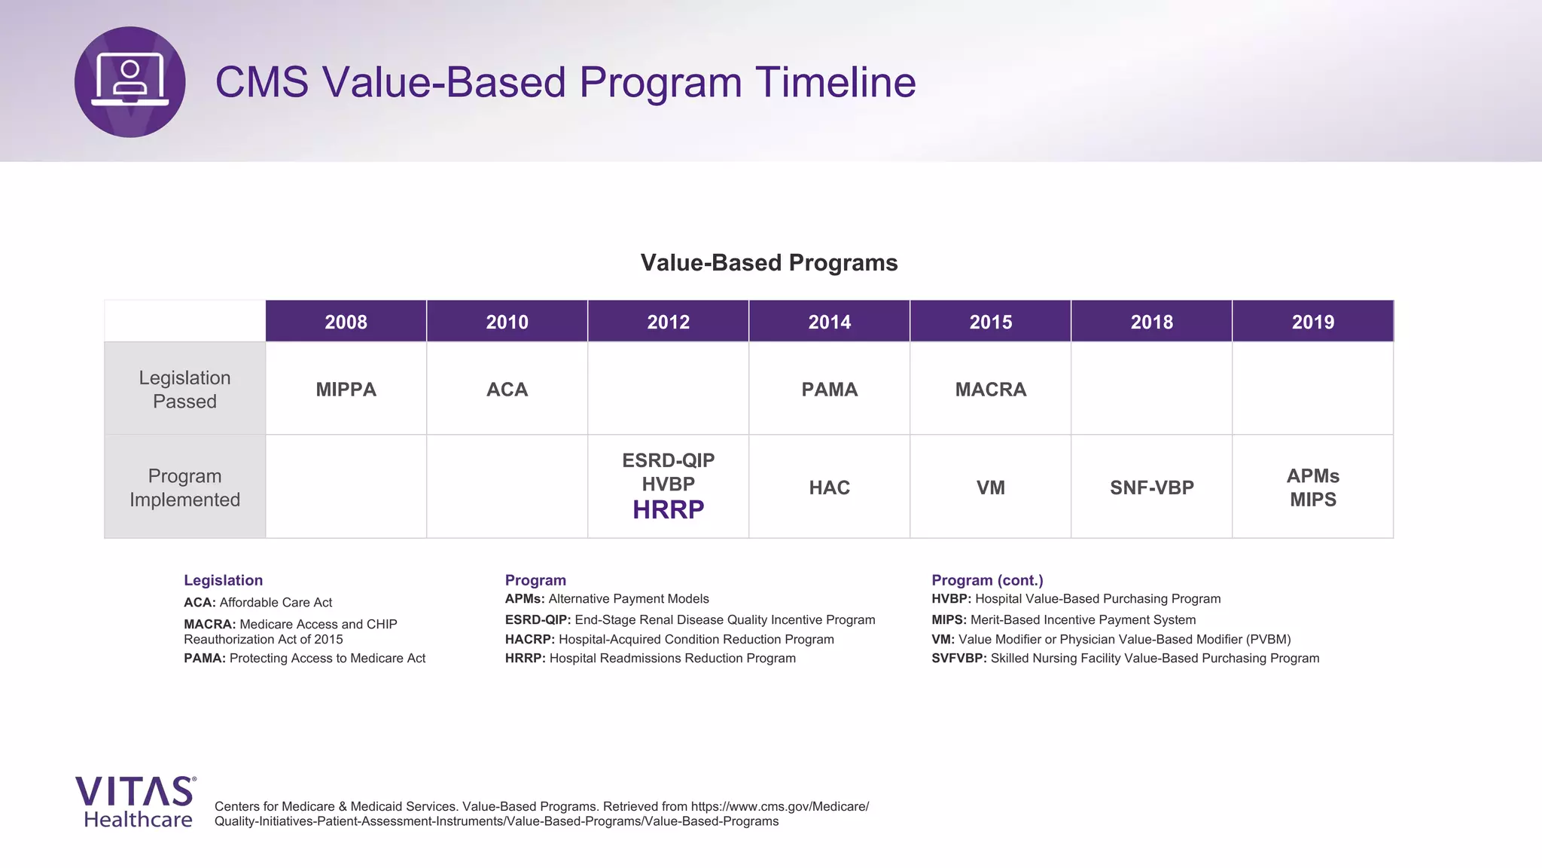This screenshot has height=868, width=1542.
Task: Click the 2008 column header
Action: click(x=346, y=322)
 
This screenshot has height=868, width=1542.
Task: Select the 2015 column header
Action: click(x=990, y=322)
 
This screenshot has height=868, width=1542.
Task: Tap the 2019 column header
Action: click(x=1312, y=322)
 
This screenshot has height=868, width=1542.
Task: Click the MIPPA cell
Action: click(x=346, y=390)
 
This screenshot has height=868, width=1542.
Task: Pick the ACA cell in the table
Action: click(x=507, y=390)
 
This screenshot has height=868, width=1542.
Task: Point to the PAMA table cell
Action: click(x=829, y=390)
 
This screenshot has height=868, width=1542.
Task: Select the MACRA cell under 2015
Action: click(x=990, y=390)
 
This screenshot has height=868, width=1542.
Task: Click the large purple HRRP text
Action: click(x=668, y=510)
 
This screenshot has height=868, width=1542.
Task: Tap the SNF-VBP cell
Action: click(x=1151, y=487)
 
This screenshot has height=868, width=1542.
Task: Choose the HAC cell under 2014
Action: click(x=829, y=487)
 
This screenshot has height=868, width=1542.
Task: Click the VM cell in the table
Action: click(x=990, y=487)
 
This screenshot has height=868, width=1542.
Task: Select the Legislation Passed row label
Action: click(x=184, y=390)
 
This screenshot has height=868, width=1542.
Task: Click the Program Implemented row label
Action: click(x=184, y=487)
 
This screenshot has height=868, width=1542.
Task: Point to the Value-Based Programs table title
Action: click(x=769, y=263)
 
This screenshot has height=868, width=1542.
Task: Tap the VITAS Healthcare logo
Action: click(x=136, y=802)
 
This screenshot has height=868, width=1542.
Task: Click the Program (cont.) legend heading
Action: click(x=987, y=580)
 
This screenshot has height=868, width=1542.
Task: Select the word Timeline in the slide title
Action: click(x=835, y=82)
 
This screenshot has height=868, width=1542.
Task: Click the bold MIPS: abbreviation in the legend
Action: click(x=949, y=620)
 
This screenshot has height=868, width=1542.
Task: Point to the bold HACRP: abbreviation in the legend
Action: click(x=529, y=640)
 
